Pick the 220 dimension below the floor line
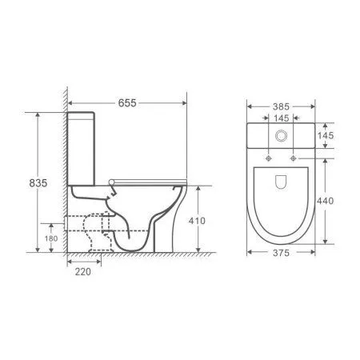82,271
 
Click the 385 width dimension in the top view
278,105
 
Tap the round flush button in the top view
278,137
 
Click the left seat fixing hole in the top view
264,157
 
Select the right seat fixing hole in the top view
294,157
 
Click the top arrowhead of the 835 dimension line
37,114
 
